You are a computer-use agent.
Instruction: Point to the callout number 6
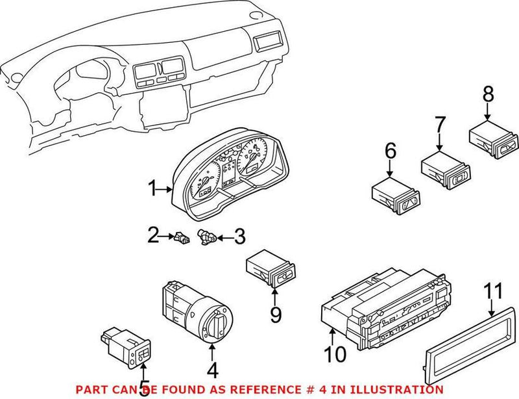(x=390, y=152)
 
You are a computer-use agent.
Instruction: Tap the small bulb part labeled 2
(x=181, y=239)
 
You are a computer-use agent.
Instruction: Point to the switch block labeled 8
(x=492, y=138)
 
